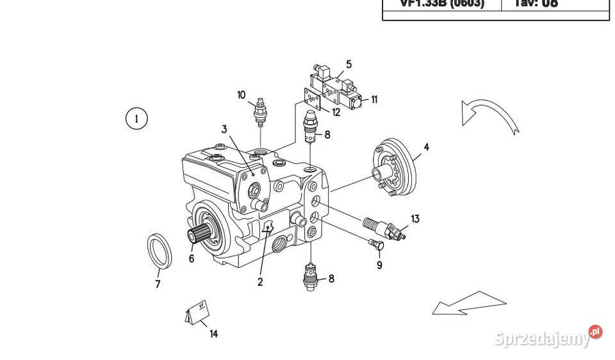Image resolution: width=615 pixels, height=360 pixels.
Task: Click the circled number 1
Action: [x=136, y=119]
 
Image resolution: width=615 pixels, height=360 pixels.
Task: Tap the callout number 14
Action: [x=213, y=334]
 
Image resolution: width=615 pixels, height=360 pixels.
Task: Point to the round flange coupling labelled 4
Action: [x=393, y=168]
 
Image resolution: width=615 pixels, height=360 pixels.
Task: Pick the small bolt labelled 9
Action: [x=376, y=244]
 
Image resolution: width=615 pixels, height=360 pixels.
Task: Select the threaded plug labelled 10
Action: [x=261, y=111]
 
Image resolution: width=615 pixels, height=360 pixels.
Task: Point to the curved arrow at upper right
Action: [x=489, y=115]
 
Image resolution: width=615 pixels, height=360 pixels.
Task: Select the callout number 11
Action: [x=374, y=99]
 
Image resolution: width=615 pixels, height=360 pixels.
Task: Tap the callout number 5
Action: [x=349, y=64]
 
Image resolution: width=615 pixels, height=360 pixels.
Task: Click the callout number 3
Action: [x=224, y=129]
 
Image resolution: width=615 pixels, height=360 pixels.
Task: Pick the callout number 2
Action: [x=260, y=281]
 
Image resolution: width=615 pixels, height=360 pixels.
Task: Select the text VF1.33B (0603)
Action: [x=442, y=3]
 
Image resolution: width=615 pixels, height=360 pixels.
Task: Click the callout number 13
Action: [x=415, y=219]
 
